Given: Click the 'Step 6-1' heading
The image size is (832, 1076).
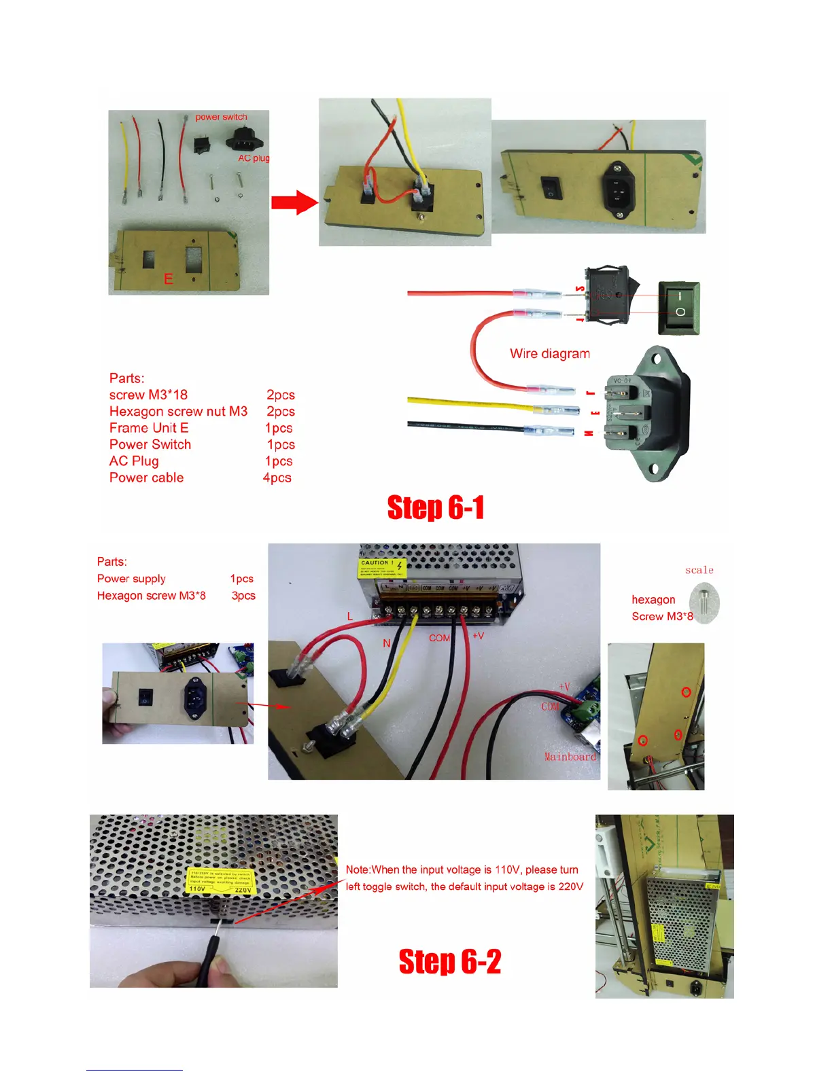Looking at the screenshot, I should (436, 508).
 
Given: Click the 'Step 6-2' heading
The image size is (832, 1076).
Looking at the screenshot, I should (449, 962).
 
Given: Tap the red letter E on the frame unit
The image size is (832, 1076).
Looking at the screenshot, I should (168, 279).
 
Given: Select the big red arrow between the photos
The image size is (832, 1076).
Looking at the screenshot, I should (294, 202).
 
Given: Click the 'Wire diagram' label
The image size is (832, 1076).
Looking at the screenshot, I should (550, 354).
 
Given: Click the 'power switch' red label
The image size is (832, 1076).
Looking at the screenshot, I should (221, 117).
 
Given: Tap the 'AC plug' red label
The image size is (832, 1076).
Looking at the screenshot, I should (254, 158).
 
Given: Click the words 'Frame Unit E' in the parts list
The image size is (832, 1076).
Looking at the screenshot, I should (149, 428).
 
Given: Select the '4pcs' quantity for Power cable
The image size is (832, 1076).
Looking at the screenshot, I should (277, 478).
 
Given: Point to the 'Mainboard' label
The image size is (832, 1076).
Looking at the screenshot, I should (570, 757).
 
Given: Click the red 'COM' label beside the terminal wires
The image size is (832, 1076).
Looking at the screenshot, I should (439, 638).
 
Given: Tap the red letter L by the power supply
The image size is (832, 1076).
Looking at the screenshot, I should (350, 617).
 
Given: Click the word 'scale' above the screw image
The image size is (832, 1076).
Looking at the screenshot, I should (699, 570).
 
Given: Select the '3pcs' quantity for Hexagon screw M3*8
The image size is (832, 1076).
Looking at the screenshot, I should (243, 596).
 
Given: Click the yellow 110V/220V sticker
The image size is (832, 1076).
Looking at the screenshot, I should (220, 880).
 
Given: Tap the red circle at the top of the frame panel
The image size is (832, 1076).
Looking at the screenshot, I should (686, 692).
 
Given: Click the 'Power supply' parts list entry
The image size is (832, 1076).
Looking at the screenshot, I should (131, 579).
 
